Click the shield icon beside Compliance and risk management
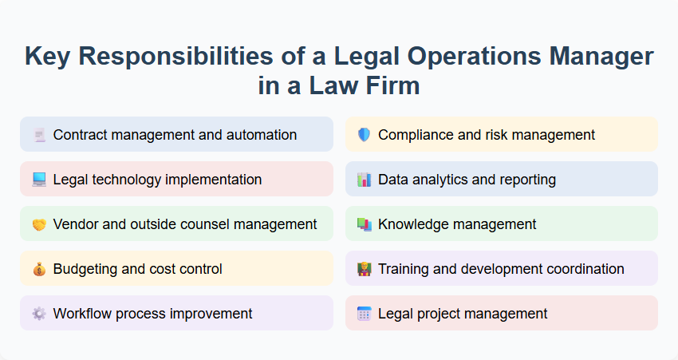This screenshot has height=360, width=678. [x=364, y=135]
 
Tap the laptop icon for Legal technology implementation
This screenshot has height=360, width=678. [x=39, y=180]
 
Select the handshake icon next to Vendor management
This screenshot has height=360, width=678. [x=39, y=224]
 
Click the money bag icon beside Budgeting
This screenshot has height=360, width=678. [x=39, y=269]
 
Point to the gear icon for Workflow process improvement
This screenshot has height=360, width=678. [x=39, y=314]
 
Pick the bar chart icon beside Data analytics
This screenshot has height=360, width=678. [x=364, y=180]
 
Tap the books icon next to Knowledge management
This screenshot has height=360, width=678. [x=364, y=224]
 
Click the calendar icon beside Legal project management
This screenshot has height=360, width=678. [x=364, y=314]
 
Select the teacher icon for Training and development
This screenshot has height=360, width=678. [x=364, y=269]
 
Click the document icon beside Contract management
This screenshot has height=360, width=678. [x=39, y=135]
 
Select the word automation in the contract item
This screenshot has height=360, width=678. [x=262, y=135]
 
